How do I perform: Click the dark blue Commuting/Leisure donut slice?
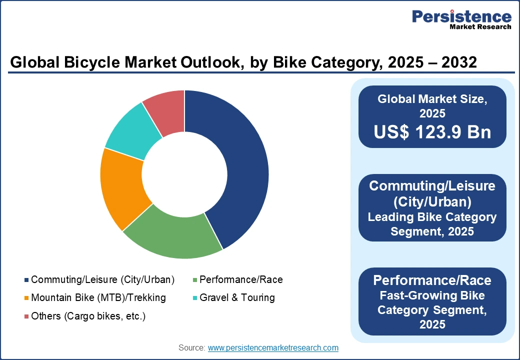[235, 165]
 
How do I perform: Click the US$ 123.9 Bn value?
[432, 131]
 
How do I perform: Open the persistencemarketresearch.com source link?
[273, 347]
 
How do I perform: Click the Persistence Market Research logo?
[461, 20]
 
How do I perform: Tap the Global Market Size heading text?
[432, 99]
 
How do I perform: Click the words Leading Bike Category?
[432, 217]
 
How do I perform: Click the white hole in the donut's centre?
[184, 174]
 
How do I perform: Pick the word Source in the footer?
[191, 347]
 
